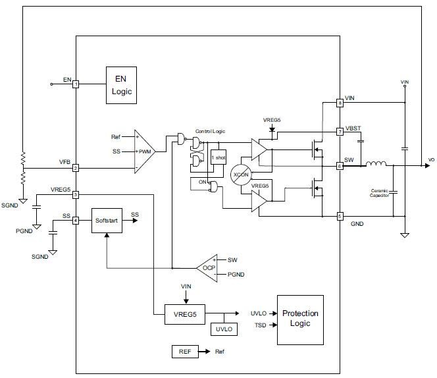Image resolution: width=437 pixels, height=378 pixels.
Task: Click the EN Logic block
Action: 121,85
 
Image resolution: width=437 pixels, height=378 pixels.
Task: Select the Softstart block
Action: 107,221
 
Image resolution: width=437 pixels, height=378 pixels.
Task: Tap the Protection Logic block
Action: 300,319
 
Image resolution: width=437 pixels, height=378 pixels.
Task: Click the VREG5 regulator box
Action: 185,314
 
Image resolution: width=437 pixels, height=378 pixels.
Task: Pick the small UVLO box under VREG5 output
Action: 224,329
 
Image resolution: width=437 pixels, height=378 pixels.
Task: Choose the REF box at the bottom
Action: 185,352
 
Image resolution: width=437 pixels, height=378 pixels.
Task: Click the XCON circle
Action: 241,175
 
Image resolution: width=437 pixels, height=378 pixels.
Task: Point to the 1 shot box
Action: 218,157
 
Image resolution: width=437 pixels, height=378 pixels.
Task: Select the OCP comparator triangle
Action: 207,268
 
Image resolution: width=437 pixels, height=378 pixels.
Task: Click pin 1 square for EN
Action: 76,84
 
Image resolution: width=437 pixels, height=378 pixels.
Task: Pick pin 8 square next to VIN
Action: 340,103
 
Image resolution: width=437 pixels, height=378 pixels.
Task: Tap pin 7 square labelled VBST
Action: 340,132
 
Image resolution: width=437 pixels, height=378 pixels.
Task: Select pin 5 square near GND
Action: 340,216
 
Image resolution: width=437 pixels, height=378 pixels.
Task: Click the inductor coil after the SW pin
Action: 376,163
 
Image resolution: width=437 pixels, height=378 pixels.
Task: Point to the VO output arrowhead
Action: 427,166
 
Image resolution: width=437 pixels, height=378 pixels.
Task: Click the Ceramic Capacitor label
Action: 379,193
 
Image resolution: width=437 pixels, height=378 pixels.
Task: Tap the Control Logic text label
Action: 210,131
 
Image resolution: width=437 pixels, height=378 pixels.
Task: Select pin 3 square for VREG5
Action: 76,195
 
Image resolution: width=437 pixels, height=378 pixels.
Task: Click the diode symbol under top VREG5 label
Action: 272,130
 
